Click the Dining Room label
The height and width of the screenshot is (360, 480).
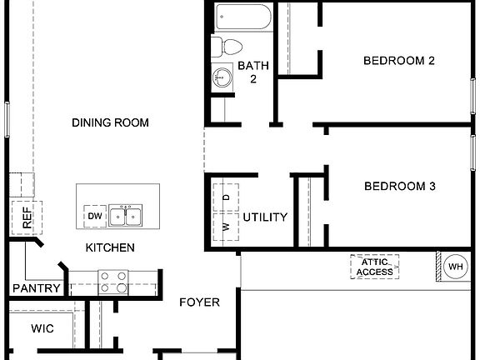tap(110, 122)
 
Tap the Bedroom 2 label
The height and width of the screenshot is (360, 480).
tap(399, 60)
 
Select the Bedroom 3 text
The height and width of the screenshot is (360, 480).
tap(399, 187)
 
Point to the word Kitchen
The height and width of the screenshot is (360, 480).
tap(110, 247)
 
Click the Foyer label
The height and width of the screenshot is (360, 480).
tap(200, 302)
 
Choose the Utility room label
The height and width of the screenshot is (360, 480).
tap(265, 217)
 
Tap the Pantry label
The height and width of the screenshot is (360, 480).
tap(37, 289)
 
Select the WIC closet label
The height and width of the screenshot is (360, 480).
tap(42, 328)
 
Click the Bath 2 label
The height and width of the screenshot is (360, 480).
tap(252, 72)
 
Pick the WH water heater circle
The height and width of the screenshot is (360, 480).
tap(455, 267)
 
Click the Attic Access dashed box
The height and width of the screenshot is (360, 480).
tap(375, 267)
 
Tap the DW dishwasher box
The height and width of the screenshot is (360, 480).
tap(94, 217)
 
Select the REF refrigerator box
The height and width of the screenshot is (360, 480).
tap(27, 218)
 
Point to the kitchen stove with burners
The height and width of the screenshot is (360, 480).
tap(113, 282)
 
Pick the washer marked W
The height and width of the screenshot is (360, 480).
tap(226, 227)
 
